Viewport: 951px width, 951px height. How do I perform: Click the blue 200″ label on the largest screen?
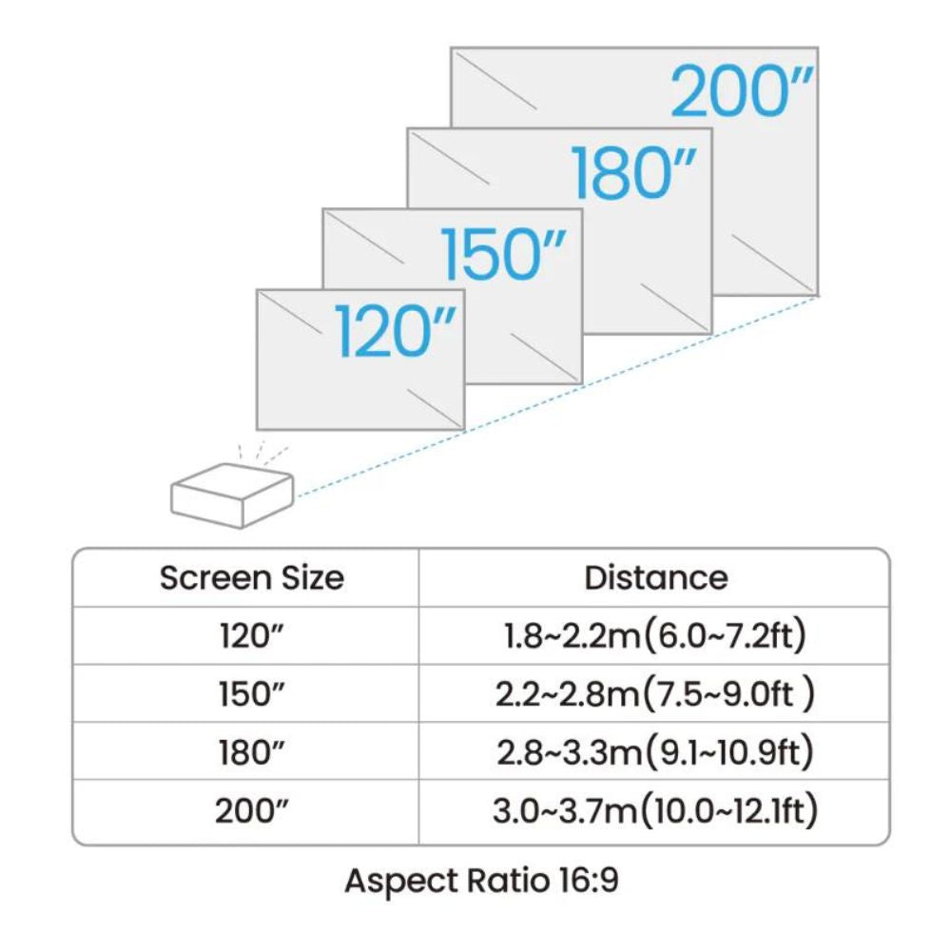point(742,91)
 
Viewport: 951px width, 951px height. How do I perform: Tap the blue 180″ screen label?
point(633,173)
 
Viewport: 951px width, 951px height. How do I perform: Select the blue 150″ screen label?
point(504,255)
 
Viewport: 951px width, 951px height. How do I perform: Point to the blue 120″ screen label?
point(395,331)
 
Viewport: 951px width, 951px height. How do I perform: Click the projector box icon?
point(232,495)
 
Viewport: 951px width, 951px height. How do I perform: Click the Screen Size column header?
point(252,577)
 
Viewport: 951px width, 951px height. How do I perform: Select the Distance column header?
point(655,577)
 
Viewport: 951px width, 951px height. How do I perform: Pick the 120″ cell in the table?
point(252,636)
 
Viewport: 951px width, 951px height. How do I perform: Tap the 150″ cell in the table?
point(252,694)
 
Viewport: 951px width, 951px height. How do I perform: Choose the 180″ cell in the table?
point(252,752)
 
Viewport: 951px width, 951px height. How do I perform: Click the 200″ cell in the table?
point(252,810)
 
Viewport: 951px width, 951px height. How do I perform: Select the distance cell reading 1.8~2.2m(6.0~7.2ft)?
point(655,635)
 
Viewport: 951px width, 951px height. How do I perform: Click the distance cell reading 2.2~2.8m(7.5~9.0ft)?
point(655,694)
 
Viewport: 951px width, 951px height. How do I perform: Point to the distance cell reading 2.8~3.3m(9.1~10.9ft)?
point(655,752)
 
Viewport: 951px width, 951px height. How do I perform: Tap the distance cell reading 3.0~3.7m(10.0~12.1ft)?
point(655,810)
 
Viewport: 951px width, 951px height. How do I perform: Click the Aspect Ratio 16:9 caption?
point(481,881)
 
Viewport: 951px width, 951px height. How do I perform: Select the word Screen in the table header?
point(216,577)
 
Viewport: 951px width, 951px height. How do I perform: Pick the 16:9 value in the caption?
point(588,880)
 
